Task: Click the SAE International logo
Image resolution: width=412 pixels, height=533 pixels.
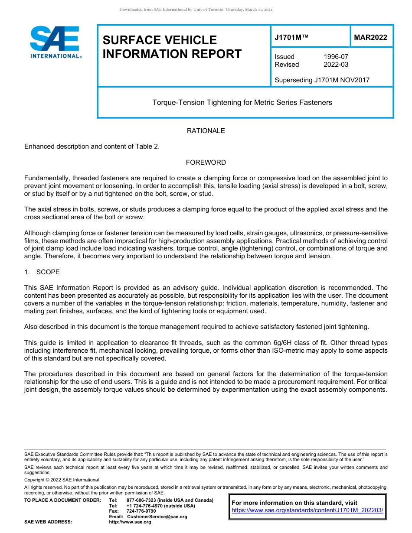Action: point(56,42)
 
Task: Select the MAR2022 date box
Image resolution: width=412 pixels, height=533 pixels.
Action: point(370,37)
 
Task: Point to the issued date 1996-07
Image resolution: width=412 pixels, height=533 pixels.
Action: point(336,57)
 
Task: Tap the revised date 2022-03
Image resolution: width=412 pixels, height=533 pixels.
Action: point(336,65)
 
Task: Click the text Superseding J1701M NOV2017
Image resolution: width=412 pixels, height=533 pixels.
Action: point(322,80)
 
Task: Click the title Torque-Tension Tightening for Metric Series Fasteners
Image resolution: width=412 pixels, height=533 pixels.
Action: point(242,103)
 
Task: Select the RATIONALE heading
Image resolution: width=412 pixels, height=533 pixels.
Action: point(206,131)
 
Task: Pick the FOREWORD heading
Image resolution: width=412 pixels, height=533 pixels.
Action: point(206,162)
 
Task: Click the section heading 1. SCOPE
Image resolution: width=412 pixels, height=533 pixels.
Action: point(42,272)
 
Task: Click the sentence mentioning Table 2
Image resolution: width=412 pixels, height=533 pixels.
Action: point(92,146)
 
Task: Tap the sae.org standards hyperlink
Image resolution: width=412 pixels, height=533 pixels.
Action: point(307,510)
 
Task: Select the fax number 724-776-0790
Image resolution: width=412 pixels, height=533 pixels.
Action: point(141,511)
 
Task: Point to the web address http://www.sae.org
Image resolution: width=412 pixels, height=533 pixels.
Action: point(130,522)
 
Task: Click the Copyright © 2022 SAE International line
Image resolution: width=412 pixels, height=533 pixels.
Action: point(62,480)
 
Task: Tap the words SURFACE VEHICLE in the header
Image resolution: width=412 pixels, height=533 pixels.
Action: point(160,40)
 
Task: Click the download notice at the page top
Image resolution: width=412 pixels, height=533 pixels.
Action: point(196,10)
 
